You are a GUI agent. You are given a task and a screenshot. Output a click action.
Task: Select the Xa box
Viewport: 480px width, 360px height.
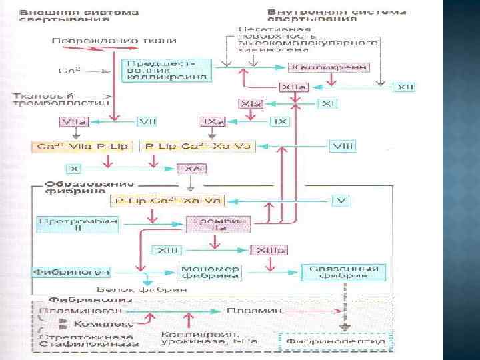[x=192, y=169]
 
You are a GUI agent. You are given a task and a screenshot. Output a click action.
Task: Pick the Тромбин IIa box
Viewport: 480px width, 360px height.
[x=210, y=224]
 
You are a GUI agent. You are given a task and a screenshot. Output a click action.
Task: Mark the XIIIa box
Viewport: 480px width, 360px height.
[x=269, y=250]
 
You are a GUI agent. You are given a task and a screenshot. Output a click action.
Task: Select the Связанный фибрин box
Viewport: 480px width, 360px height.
[x=345, y=271]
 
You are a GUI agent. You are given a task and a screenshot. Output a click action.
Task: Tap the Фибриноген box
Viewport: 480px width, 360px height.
[x=71, y=272]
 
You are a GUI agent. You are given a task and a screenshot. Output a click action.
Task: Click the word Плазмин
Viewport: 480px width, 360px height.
[x=247, y=311]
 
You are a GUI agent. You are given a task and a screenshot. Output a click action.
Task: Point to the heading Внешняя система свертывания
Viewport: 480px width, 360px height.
[x=79, y=17]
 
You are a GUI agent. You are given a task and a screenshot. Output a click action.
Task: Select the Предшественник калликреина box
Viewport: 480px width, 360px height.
[x=167, y=68]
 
